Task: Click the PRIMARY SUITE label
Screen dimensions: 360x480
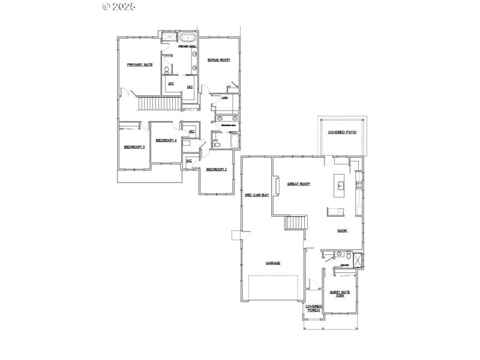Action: (139, 64)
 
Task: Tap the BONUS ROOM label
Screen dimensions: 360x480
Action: (219, 60)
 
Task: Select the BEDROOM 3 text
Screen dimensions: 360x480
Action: (134, 147)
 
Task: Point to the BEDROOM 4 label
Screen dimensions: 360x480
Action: (166, 140)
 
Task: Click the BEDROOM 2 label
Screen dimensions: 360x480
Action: (216, 169)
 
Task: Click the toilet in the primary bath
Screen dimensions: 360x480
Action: (166, 70)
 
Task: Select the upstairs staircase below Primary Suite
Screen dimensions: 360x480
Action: (160, 104)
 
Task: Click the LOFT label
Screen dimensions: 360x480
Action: (225, 98)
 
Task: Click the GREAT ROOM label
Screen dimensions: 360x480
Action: (298, 184)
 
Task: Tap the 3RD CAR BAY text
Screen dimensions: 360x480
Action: (257, 195)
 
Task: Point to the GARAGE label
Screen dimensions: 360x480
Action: (273, 263)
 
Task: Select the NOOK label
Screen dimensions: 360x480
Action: (342, 230)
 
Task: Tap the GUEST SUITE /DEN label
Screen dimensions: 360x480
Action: (340, 294)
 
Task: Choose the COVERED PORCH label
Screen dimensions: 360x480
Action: (314, 308)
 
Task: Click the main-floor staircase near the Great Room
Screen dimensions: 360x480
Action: (295, 223)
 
